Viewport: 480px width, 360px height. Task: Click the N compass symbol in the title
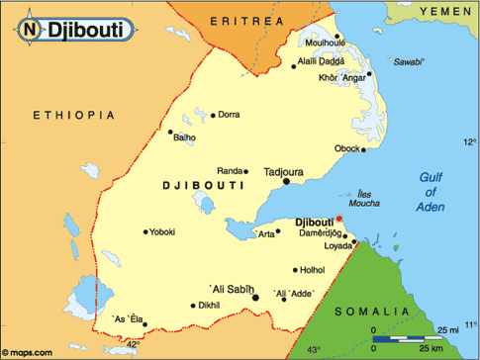30,31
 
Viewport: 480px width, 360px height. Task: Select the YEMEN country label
446,10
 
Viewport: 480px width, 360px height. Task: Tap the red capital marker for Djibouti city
338,219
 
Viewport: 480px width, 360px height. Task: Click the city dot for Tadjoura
287,181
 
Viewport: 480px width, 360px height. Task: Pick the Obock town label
347,148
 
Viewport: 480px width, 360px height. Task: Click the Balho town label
185,137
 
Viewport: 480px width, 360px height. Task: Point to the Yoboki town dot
144,231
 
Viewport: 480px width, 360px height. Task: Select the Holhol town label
313,269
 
